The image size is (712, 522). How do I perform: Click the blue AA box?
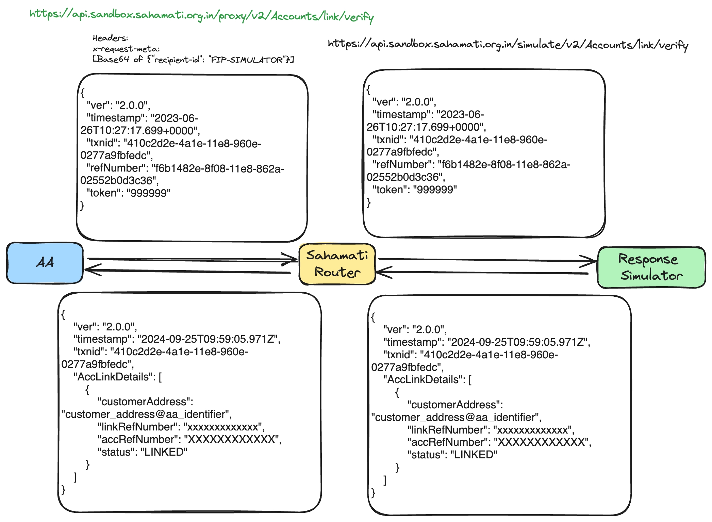pos(45,263)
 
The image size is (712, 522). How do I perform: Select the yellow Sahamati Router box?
pos(337,264)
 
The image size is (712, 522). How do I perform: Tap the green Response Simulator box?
pos(651,267)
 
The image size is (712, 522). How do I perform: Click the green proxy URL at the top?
pos(201,15)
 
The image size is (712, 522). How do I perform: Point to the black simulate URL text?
pos(508,45)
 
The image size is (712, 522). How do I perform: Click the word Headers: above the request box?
pos(110,38)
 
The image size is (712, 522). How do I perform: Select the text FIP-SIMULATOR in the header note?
pos(247,60)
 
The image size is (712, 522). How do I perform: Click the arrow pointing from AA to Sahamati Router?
pos(191,260)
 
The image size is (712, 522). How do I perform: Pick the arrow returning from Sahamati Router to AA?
pos(187,271)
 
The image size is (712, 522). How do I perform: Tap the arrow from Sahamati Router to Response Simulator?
pos(486,260)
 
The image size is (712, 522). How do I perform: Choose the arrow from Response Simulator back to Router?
pos(483,272)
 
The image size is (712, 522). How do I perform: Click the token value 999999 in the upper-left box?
pos(149,193)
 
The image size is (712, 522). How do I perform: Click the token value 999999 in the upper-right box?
pos(435,190)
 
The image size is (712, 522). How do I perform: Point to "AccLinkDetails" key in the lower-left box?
pos(114,377)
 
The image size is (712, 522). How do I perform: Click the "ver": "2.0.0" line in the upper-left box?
pos(118,105)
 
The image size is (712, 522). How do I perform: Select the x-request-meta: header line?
pos(126,49)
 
